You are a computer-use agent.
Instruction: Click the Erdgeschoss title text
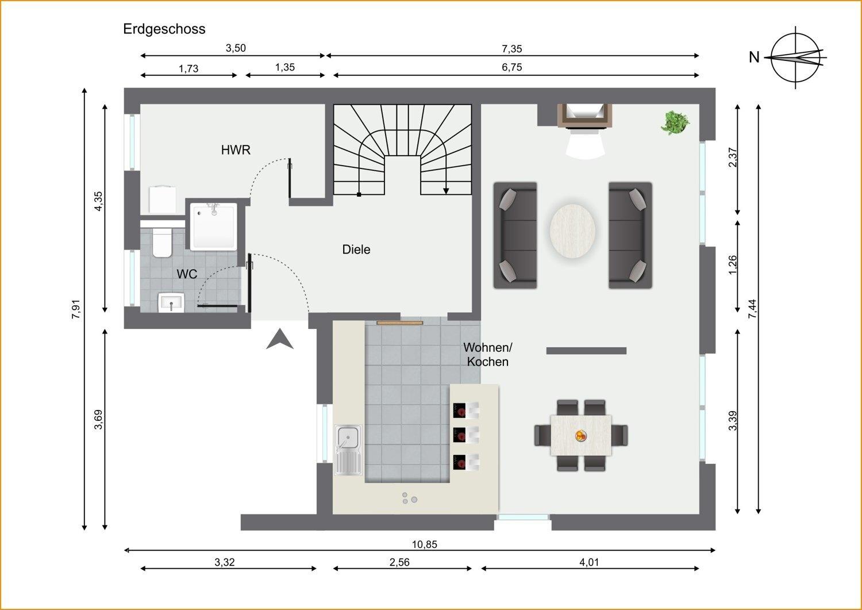click(164, 29)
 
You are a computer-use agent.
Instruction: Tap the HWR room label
click(236, 150)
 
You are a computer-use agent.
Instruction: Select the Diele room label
click(356, 250)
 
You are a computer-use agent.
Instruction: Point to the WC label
click(187, 274)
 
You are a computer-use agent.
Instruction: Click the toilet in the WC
click(162, 242)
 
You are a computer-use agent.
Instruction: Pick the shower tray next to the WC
click(214, 227)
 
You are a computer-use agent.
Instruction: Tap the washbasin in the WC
click(171, 302)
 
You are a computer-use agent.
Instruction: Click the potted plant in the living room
click(675, 122)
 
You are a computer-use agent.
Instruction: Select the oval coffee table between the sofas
click(572, 231)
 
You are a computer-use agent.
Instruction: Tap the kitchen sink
click(348, 450)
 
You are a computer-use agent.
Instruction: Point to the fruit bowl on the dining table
click(580, 436)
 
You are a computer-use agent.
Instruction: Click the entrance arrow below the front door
click(280, 339)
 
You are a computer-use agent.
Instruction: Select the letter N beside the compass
click(754, 57)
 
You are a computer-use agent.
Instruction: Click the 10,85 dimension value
click(425, 544)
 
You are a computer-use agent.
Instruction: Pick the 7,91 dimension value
click(76, 309)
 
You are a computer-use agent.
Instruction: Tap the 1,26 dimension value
click(733, 265)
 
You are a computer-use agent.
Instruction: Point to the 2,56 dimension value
click(399, 563)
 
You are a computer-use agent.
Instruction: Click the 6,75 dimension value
click(512, 67)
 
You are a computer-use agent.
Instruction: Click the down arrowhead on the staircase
click(446, 191)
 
